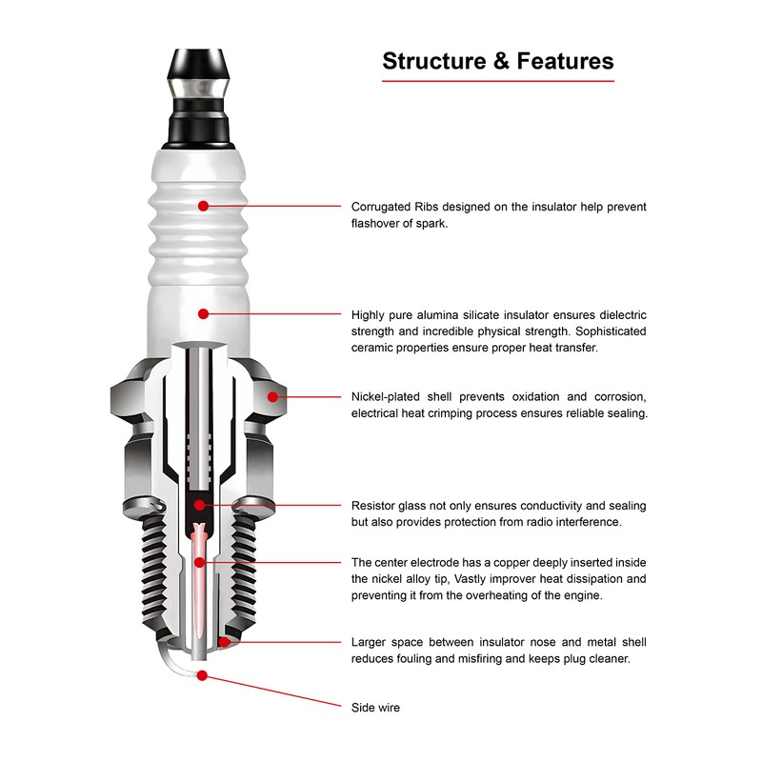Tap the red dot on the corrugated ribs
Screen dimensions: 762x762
tap(203, 205)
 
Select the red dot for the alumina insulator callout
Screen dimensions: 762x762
tap(203, 313)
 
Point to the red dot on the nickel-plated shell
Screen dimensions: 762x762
tap(271, 395)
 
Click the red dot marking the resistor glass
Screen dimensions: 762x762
tap(199, 505)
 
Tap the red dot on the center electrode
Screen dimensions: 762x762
tap(199, 563)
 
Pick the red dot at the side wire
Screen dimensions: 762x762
tap(202, 677)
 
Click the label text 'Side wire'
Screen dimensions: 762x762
tap(375, 708)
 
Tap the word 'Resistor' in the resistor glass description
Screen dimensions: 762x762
tap(375, 506)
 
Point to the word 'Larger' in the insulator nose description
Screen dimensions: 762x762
tap(370, 642)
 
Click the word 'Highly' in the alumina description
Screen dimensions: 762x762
tap(370, 314)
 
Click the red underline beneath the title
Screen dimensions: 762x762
tap(498, 81)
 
